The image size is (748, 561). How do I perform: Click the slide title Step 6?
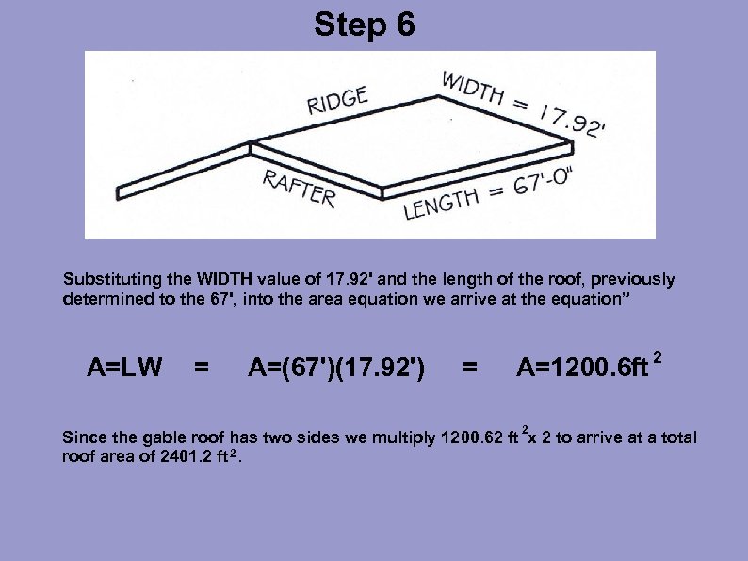tap(364, 25)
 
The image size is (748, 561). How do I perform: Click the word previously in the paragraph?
tap(634, 280)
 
